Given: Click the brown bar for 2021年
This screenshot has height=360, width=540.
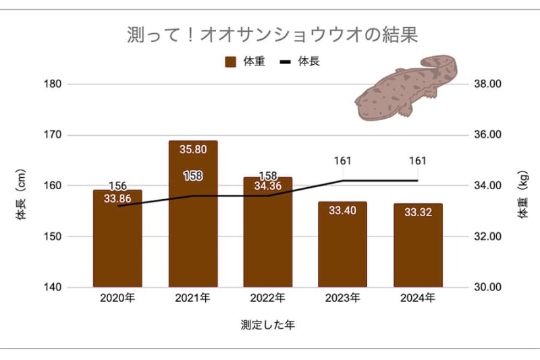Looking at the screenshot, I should point(193,223).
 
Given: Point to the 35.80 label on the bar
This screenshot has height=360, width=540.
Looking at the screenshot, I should point(193,149).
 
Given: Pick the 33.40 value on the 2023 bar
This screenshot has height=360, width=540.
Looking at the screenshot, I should point(343,210).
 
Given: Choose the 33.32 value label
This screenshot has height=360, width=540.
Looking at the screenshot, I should point(418,212).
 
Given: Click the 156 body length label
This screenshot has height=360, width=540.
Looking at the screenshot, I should point(117,186).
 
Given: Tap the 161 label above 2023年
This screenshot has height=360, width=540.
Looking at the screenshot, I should point(343,161).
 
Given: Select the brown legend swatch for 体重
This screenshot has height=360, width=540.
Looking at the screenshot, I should point(230,61).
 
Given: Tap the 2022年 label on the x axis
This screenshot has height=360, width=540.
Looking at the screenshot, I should point(268,298).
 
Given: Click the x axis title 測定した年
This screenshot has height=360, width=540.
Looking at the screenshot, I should point(267,325).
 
